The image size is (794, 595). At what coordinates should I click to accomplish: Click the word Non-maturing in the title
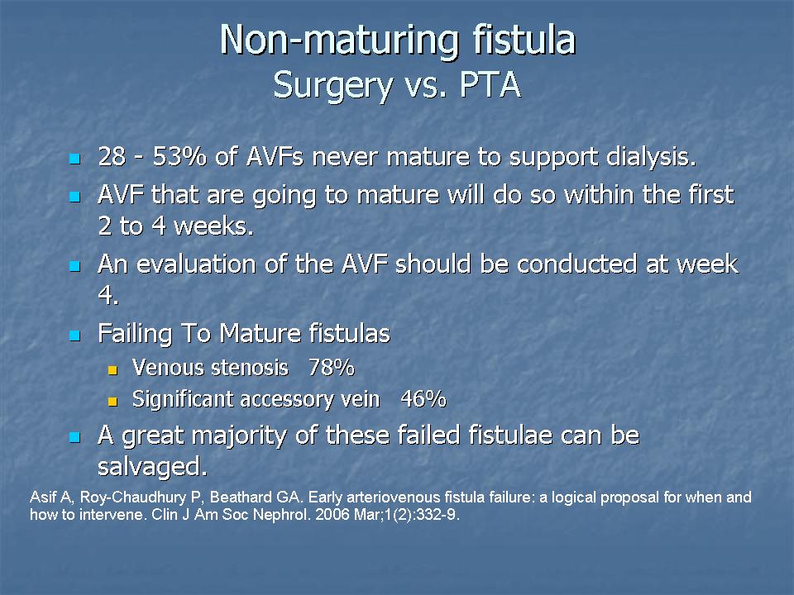pos(339,41)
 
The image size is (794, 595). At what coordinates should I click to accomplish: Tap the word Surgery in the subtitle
pos(332,87)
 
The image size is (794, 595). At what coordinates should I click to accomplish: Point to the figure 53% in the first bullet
pos(179,157)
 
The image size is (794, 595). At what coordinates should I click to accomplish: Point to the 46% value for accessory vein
pos(423,399)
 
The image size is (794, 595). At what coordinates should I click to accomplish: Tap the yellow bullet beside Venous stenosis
pos(112,370)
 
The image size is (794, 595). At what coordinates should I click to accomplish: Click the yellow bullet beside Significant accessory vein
pos(112,402)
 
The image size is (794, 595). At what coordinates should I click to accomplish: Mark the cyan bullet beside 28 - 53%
pos(75,159)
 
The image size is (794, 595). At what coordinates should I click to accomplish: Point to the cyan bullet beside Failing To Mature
pos(75,336)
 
